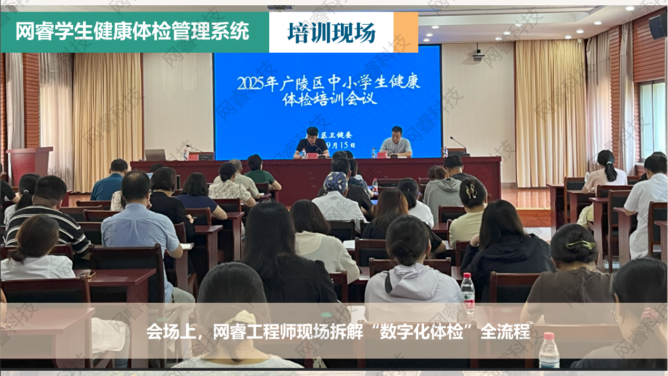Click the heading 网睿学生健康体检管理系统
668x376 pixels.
(x=132, y=32)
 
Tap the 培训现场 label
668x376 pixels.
(x=331, y=33)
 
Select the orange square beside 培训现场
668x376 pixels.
(x=406, y=32)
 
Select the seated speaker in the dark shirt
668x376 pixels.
(x=311, y=142)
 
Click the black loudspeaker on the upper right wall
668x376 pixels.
(x=657, y=26)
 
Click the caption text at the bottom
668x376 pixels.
(x=338, y=333)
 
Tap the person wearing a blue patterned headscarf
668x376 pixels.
(x=336, y=183)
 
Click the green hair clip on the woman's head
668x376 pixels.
(x=581, y=244)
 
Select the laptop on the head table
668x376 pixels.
(x=155, y=154)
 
